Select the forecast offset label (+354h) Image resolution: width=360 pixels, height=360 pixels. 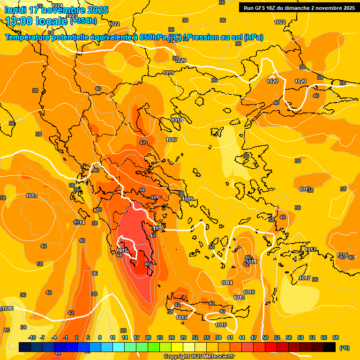(x=83, y=21)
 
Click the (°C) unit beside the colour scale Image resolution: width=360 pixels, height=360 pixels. (x=344, y=348)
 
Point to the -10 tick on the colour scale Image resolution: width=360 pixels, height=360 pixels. (x=32, y=337)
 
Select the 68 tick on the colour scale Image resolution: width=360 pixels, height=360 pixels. (x=336, y=337)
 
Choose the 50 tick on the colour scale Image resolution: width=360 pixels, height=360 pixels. (x=265, y=337)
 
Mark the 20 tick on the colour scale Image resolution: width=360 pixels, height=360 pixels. (x=148, y=337)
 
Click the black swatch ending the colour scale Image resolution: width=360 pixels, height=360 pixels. (x=330, y=347)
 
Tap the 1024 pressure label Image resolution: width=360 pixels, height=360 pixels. (x=57, y=6)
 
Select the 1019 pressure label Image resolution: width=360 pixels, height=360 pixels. (x=169, y=73)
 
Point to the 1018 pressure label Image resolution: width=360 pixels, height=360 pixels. (x=177, y=120)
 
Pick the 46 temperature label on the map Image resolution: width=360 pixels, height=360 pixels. (x=147, y=264)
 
